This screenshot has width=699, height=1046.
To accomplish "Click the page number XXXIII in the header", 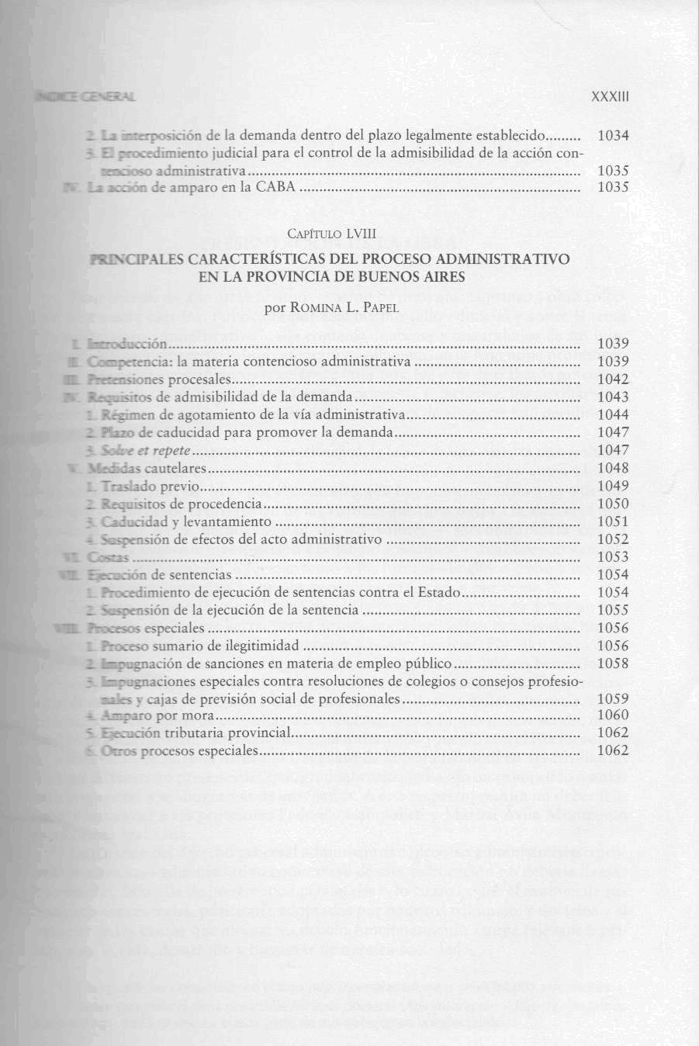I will [609, 97].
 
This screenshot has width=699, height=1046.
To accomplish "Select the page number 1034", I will [614, 136].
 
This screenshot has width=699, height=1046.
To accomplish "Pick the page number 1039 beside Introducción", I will [614, 344].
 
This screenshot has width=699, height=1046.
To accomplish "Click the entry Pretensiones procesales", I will [159, 379].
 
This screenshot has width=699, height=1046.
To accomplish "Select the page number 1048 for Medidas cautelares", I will [614, 469].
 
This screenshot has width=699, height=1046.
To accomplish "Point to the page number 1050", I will [614, 504].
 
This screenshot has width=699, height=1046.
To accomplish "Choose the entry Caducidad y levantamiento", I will [186, 522].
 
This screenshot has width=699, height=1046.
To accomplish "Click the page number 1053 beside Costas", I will [614, 557].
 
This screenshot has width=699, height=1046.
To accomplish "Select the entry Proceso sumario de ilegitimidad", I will [199, 646].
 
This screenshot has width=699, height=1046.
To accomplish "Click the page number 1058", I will [614, 664].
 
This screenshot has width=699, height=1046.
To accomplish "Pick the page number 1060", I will [614, 715].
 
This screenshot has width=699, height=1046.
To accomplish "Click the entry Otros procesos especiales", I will [179, 751].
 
